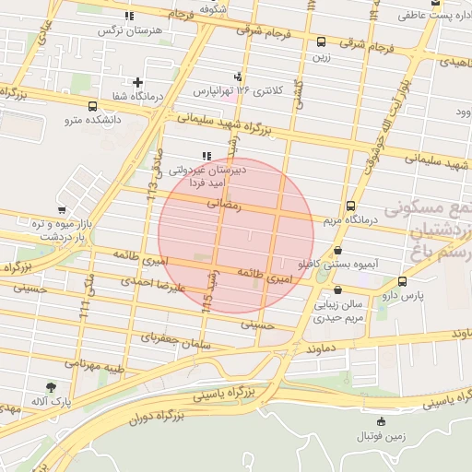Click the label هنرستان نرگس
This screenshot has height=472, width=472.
tap(129, 30)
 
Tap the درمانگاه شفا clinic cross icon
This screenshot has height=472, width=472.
tap(137, 82)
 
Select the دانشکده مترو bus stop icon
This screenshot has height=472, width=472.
tap(92, 106)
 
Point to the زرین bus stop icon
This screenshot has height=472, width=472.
tap(321, 41)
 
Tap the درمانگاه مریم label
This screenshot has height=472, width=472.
tap(351, 221)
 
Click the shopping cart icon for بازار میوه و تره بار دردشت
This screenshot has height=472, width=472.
tap(62, 211)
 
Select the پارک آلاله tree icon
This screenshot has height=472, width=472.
tap(50, 387)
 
